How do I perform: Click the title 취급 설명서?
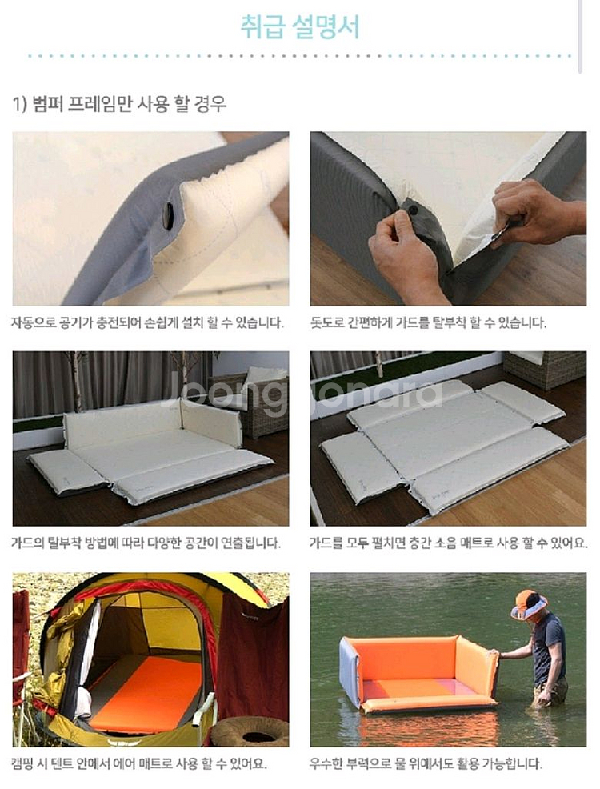pyautogui.click(x=300, y=27)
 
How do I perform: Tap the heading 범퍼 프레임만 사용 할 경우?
pyautogui.click(x=120, y=103)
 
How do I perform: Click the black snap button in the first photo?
pyautogui.click(x=169, y=215)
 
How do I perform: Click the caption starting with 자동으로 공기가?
pyautogui.click(x=147, y=323)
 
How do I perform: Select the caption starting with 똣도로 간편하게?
pyautogui.click(x=428, y=323)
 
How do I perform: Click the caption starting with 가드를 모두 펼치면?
pyautogui.click(x=448, y=543)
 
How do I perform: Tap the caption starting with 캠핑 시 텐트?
pyautogui.click(x=139, y=762)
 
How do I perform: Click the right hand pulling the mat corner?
pyautogui.click(x=532, y=212)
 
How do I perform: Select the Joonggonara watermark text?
pyautogui.click(x=304, y=394)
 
